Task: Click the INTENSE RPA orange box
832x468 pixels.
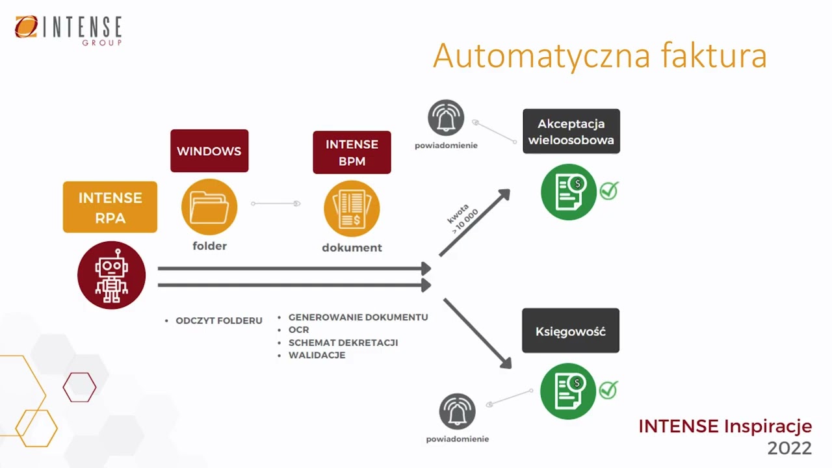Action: (x=110, y=207)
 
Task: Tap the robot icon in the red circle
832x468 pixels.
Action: (x=111, y=275)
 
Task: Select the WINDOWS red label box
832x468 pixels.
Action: (x=209, y=151)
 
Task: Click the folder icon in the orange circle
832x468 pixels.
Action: (x=209, y=207)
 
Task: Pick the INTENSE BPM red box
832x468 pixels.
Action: (x=352, y=152)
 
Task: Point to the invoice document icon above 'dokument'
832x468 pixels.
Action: (x=352, y=208)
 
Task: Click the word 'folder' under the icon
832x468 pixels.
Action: (x=209, y=246)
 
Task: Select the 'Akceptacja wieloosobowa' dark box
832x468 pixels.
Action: (x=571, y=131)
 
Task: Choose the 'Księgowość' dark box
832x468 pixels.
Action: (x=571, y=331)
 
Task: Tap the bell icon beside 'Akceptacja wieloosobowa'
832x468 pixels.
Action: (x=446, y=118)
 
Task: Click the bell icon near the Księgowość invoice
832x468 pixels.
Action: (x=458, y=411)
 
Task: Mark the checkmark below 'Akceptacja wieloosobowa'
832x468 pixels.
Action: (x=609, y=190)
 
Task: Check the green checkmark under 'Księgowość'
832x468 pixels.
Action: (x=608, y=389)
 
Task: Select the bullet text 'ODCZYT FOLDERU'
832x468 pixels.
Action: (x=219, y=321)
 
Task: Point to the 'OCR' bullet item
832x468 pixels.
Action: (x=299, y=330)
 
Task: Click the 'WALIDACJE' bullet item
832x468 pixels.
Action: (x=317, y=356)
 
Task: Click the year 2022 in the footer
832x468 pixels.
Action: (x=789, y=448)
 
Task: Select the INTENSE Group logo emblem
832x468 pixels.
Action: (x=27, y=27)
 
